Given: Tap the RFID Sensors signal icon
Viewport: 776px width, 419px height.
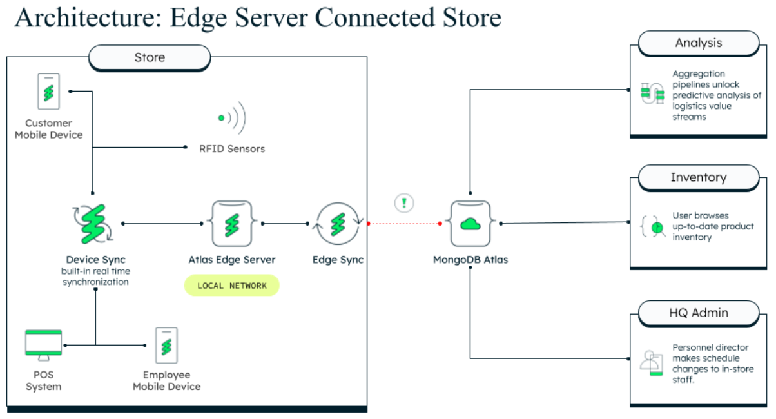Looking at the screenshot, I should pos(232,118).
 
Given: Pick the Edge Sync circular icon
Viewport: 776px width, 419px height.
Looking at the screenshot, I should pos(338,224).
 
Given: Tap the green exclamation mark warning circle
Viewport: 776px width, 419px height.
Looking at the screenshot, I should pos(404,203).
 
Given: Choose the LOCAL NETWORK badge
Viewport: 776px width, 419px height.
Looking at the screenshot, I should pos(232,286).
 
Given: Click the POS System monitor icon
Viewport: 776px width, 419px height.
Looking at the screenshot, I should pos(44,344).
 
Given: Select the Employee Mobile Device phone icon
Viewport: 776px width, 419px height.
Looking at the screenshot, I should pos(166,345).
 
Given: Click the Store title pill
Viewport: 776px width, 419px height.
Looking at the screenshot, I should pos(150,57).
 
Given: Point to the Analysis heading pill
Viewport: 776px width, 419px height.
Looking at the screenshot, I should pos(699,43).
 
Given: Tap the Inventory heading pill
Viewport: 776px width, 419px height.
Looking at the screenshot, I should pos(699,177).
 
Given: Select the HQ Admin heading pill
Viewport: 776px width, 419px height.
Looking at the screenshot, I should pos(699,313).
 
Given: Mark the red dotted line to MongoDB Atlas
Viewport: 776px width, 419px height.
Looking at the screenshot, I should pos(404,224).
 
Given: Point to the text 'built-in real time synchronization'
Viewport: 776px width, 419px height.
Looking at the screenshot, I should pos(95,277).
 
